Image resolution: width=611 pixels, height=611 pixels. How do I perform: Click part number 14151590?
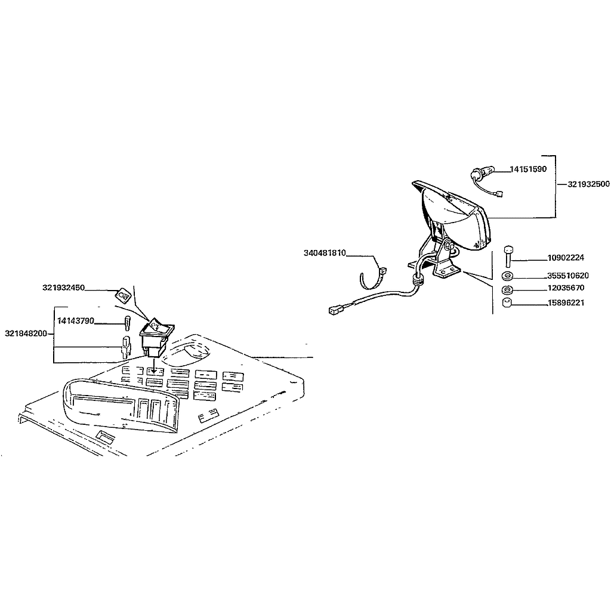pyautogui.click(x=529, y=169)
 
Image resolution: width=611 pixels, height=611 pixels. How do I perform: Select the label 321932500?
pyautogui.click(x=588, y=184)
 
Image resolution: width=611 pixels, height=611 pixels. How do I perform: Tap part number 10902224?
pyautogui.click(x=566, y=258)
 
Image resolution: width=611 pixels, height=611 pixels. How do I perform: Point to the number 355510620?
pyautogui.click(x=568, y=276)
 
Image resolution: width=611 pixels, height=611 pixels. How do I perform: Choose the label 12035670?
pyautogui.click(x=566, y=288)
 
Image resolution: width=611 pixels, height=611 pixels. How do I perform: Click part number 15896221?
pyautogui.click(x=566, y=303)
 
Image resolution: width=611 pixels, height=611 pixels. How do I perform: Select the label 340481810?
pyautogui.click(x=325, y=253)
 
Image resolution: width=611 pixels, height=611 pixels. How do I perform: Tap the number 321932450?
pyautogui.click(x=63, y=288)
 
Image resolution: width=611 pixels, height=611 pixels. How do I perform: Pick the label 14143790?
pyautogui.click(x=76, y=320)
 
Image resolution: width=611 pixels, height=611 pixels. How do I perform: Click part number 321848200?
pyautogui.click(x=26, y=333)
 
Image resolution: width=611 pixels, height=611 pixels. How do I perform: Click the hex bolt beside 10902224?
pyautogui.click(x=508, y=257)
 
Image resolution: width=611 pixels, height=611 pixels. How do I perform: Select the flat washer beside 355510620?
pyautogui.click(x=507, y=276)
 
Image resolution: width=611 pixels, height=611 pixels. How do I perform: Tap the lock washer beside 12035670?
pyautogui.click(x=507, y=289)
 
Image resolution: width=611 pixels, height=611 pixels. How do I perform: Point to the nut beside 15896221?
pyautogui.click(x=507, y=303)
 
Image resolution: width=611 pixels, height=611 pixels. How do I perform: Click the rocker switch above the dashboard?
pyautogui.click(x=157, y=337)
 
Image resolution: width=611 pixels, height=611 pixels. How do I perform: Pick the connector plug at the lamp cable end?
pyautogui.click(x=336, y=310)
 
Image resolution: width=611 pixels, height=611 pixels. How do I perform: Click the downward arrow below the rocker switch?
pyautogui.click(x=155, y=365)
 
